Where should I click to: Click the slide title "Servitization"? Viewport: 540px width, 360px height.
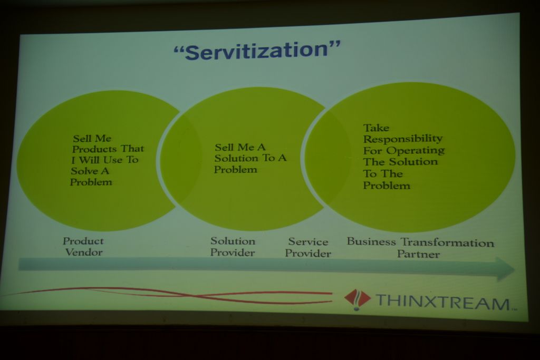click(x=257, y=50)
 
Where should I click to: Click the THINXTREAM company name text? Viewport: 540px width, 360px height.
click(x=443, y=302)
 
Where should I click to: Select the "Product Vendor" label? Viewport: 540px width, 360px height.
click(x=83, y=247)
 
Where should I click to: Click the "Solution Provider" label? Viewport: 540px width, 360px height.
click(x=233, y=247)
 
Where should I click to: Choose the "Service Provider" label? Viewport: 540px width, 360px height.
click(x=308, y=247)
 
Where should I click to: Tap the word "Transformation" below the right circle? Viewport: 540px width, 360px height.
click(x=447, y=242)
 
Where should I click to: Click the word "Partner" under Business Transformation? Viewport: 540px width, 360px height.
click(x=418, y=255)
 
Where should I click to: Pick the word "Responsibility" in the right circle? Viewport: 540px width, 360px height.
click(x=403, y=139)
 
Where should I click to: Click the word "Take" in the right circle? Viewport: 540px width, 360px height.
click(x=377, y=128)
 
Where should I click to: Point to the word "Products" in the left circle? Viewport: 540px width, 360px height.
click(x=94, y=149)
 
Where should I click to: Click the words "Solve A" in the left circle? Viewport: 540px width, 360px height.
click(x=90, y=171)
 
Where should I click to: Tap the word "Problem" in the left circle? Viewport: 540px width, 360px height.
click(x=91, y=182)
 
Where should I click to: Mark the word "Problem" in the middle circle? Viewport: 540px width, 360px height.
click(x=236, y=169)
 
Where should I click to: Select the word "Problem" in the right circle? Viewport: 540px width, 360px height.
click(x=387, y=186)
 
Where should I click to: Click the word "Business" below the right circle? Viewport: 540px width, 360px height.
click(x=371, y=241)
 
